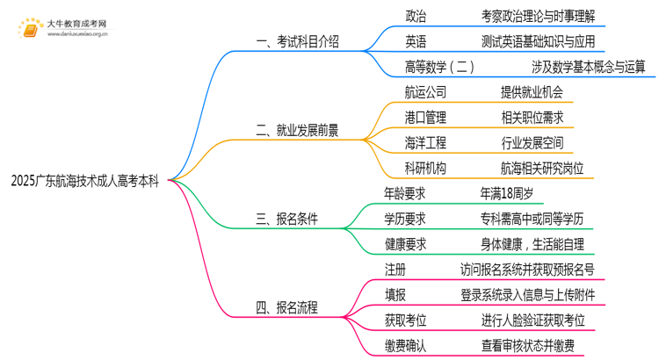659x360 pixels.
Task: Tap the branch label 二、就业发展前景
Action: [x=297, y=131]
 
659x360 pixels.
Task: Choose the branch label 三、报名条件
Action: [x=286, y=219]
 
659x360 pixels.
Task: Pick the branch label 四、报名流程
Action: [x=286, y=306]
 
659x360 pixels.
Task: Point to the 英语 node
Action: [x=416, y=41]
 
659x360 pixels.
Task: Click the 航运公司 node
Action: [x=426, y=92]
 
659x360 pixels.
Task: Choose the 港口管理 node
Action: [x=426, y=118]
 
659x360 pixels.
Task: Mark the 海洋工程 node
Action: [x=426, y=143]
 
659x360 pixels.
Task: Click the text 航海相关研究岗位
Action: [x=536, y=169]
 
